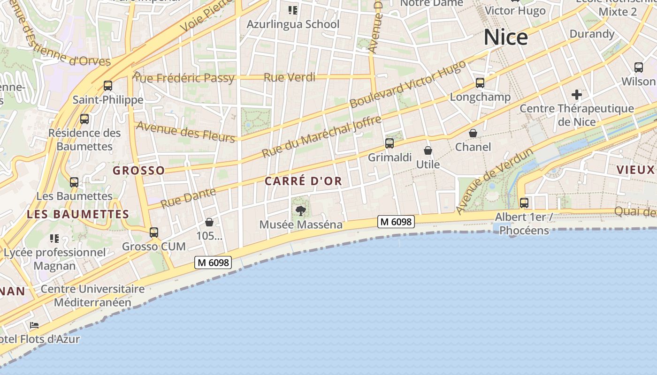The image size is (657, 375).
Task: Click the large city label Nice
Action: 505,37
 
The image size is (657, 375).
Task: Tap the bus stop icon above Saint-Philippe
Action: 108,85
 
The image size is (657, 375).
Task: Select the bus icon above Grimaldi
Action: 390,143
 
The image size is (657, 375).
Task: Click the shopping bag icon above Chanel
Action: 473,134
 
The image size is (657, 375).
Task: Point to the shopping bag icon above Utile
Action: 428,150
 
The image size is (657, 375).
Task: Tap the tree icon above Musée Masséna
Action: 301,211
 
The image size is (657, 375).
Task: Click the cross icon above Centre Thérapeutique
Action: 577,95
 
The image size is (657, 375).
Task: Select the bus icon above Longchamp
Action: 480,83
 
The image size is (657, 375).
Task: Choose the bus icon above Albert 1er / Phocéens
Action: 524,203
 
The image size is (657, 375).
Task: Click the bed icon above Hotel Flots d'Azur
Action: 34,325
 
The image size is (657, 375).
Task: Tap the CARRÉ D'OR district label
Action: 303,181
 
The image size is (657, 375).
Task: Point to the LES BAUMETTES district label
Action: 78,214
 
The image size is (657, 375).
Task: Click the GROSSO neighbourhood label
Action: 139,170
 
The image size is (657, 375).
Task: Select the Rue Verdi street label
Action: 290,77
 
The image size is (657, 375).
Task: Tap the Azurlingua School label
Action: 293,24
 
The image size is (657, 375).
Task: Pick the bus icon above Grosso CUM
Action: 154,232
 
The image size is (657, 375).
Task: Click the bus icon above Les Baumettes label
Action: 74,182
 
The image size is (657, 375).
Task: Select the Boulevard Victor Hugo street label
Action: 407,84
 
